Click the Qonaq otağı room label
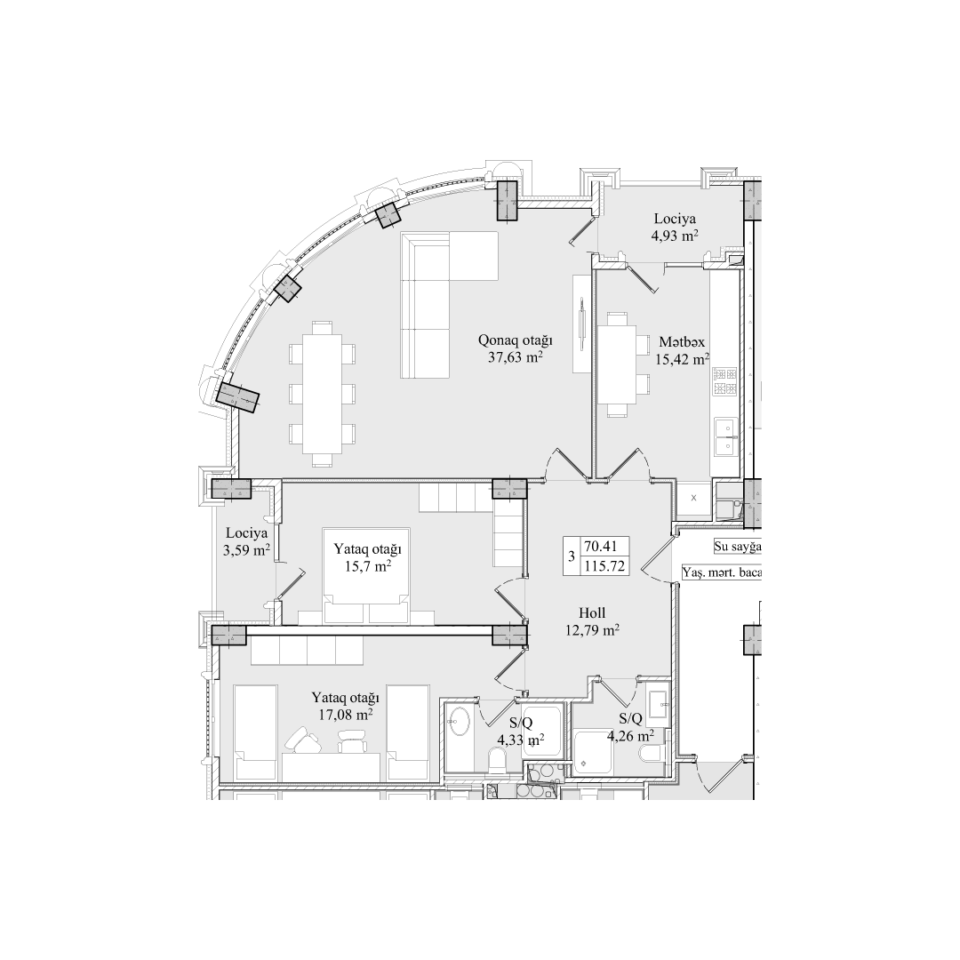pyautogui.click(x=516, y=340)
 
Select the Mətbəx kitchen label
pyautogui.click(x=683, y=341)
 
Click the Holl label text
pyautogui.click(x=591, y=612)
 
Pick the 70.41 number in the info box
pyautogui.click(x=604, y=547)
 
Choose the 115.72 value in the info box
pyautogui.click(x=604, y=565)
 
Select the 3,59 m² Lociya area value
pyautogui.click(x=246, y=551)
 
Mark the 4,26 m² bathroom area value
pyautogui.click(x=630, y=735)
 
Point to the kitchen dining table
pyautogui.click(x=615, y=364)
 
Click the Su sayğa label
pyautogui.click(x=737, y=548)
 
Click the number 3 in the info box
pyautogui.click(x=570, y=556)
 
